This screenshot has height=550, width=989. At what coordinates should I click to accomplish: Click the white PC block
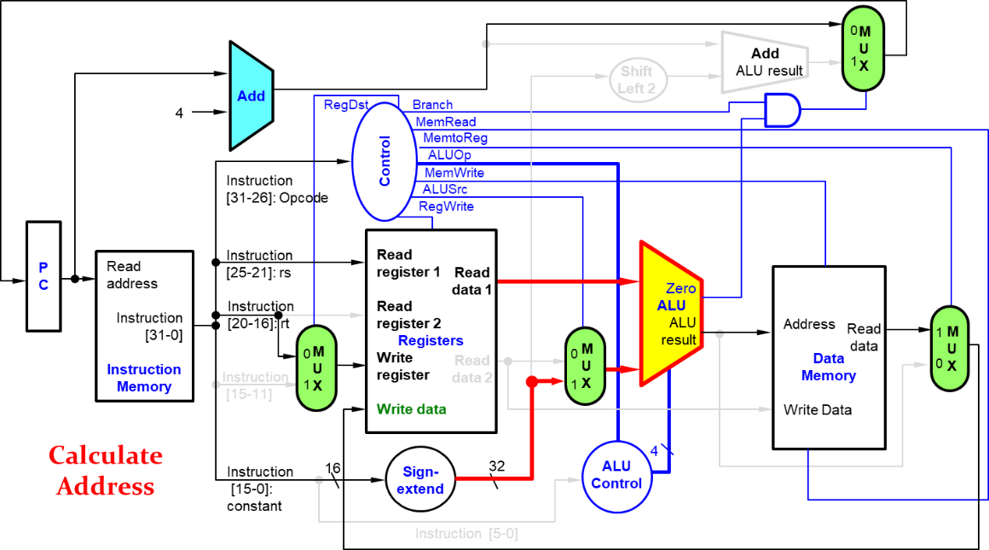pos(43,276)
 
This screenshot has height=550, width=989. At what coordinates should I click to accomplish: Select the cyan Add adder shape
pos(251,96)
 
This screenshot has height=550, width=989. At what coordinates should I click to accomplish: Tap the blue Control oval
pos(383,161)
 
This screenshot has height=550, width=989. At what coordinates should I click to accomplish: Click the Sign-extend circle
pos(420,480)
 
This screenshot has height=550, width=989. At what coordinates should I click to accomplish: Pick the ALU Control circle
pos(616,476)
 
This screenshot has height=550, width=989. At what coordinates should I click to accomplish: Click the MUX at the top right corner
pos(863,49)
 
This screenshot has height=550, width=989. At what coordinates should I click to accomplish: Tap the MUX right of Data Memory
pos(949,348)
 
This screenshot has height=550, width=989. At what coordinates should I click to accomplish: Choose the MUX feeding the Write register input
pos(316,368)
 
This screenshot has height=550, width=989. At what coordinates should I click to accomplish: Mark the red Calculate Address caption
pos(105,471)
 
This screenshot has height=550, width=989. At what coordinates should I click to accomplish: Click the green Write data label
pos(411,409)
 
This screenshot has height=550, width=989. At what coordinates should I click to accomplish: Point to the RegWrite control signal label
pos(446,206)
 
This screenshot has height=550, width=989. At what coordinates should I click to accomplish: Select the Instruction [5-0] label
pos(466,534)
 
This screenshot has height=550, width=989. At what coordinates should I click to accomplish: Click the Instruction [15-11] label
pos(253,385)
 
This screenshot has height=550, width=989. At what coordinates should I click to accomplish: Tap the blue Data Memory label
pos(828,367)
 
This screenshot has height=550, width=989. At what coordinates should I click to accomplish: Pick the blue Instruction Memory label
pos(144,378)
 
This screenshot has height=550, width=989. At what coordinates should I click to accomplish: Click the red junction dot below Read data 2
pos(531,382)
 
